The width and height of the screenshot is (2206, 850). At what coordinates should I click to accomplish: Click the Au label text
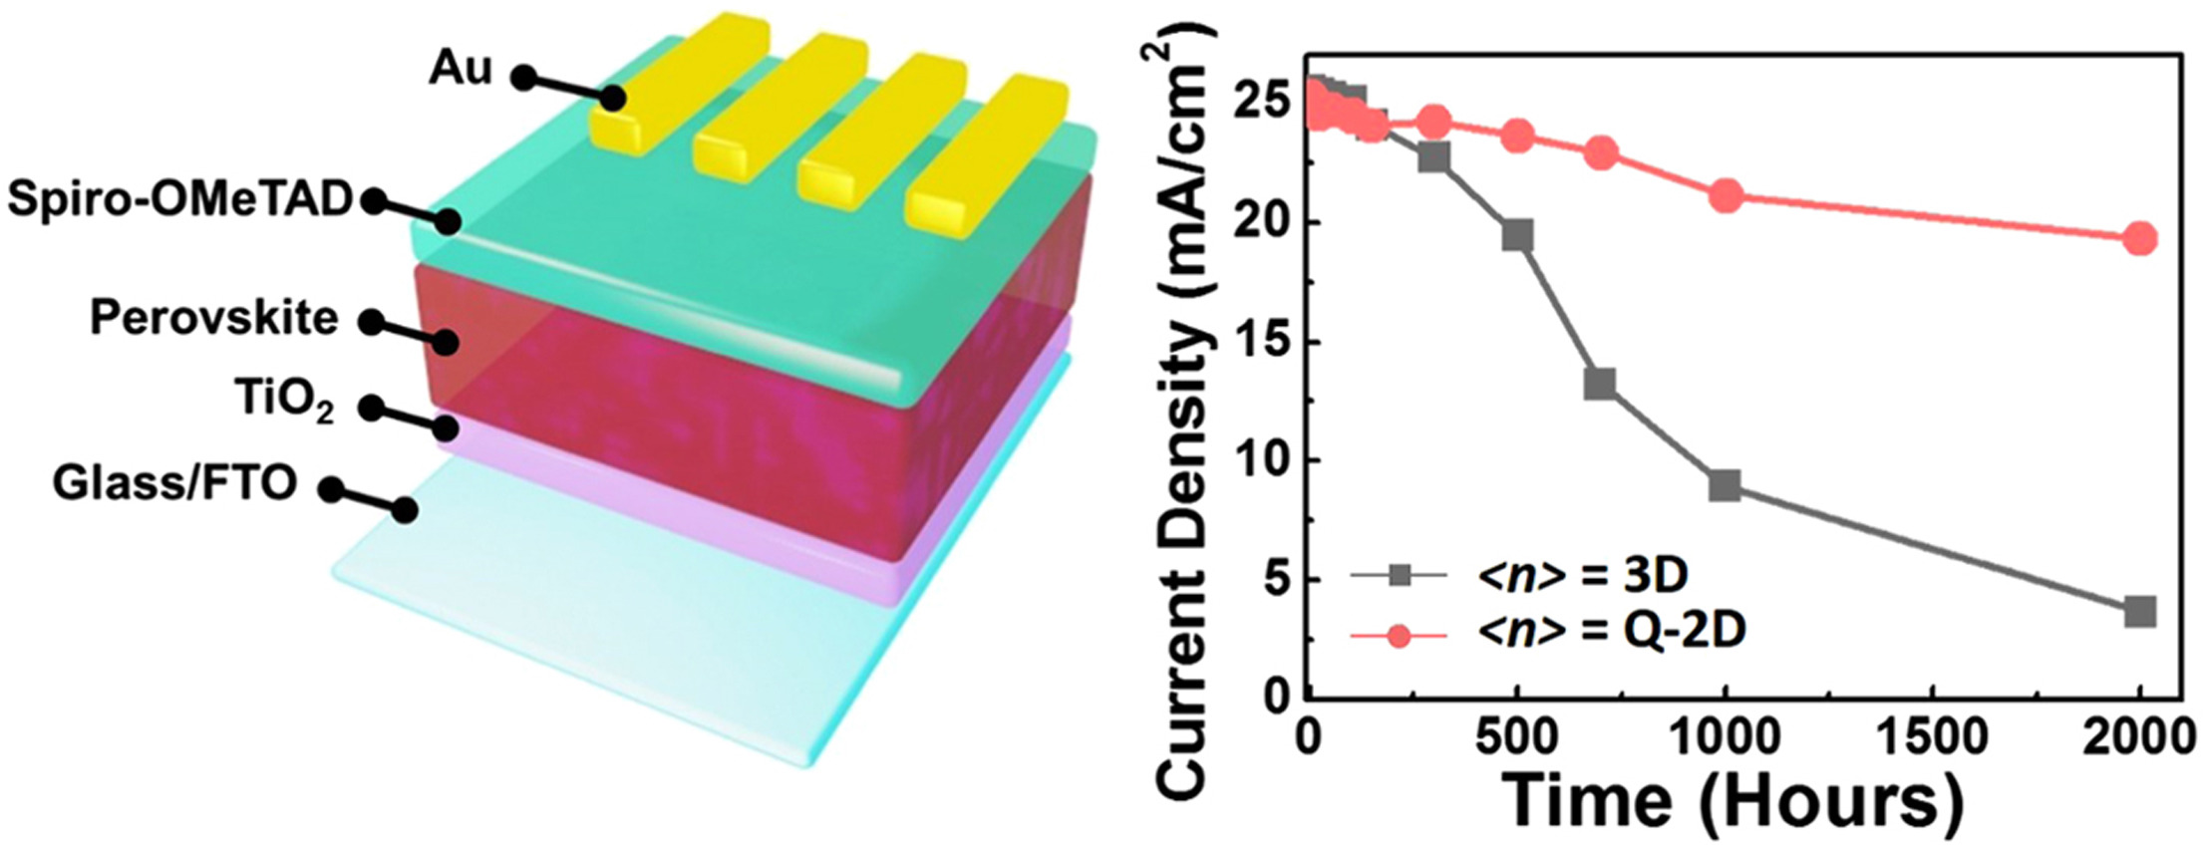tap(460, 69)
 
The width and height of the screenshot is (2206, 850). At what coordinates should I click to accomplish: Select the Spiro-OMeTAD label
tap(180, 200)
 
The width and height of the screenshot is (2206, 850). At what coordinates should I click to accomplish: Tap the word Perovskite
tap(213, 319)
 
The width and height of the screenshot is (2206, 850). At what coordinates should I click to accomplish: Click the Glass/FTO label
tap(174, 483)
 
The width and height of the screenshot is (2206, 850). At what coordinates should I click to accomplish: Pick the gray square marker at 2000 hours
tap(2139, 612)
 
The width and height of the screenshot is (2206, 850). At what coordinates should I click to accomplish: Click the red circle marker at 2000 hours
tap(2139, 239)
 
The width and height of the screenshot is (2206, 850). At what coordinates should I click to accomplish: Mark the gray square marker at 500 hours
tap(1517, 236)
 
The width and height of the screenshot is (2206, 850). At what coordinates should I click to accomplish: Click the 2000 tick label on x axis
tap(2139, 739)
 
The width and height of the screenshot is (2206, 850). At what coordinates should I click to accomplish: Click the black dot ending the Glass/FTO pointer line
tap(404, 511)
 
